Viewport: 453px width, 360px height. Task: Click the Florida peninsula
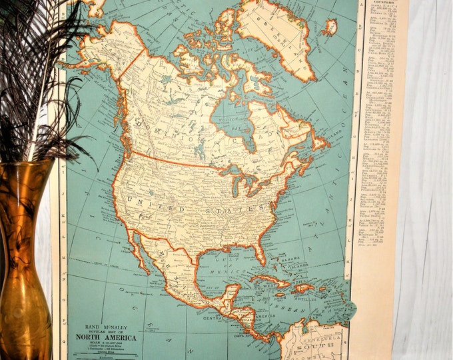[x=258, y=251]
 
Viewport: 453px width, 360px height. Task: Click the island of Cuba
[x=273, y=280]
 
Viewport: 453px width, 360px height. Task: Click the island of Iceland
[x=329, y=28]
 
